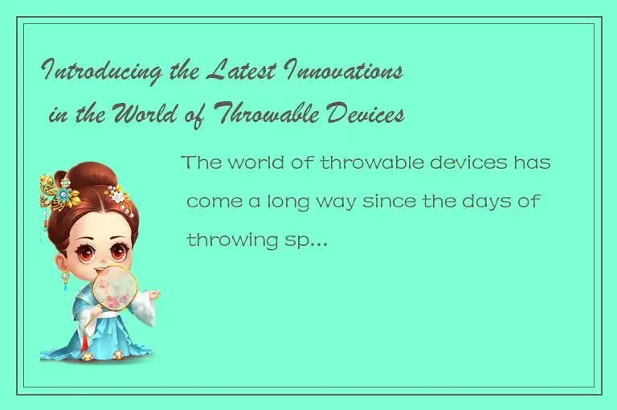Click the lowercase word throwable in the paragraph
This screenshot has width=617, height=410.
pyautogui.click(x=359, y=163)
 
